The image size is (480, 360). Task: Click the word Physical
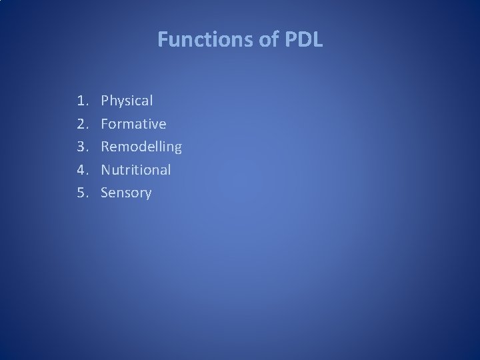coord(127,101)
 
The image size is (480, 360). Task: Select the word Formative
coord(133,124)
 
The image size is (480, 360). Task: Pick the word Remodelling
coord(141,147)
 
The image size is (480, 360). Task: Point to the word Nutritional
coord(136,170)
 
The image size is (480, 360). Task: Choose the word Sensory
coord(126,193)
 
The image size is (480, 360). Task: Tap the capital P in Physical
coord(105,101)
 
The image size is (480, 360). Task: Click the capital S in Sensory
coord(105,193)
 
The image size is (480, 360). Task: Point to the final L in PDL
coord(317,41)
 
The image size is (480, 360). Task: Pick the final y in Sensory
coord(147,195)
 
